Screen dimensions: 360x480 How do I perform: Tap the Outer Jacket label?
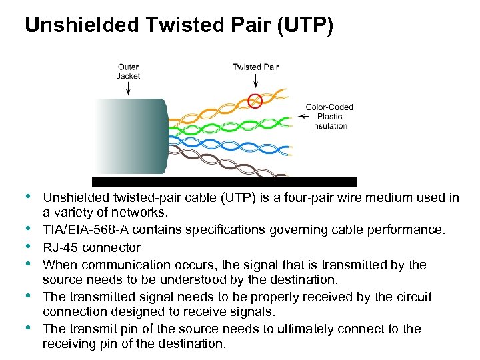(x=128, y=71)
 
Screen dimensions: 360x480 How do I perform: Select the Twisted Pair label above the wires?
(x=255, y=67)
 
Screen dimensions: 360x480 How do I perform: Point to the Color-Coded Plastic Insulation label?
(x=329, y=116)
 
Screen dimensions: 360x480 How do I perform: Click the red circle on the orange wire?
(x=255, y=101)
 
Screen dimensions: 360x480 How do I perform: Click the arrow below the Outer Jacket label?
(x=127, y=89)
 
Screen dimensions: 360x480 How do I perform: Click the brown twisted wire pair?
(x=227, y=166)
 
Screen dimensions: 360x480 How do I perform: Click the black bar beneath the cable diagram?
(x=224, y=181)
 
